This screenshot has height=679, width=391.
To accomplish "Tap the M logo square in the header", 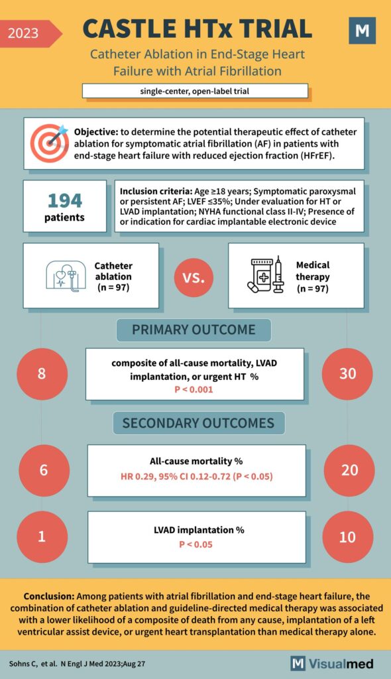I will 362,31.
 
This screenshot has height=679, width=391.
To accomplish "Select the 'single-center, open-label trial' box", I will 195,91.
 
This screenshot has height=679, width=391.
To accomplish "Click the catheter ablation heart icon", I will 64,275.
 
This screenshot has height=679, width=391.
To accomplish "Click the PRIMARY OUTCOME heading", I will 194,330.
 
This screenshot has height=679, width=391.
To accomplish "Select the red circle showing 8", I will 42,373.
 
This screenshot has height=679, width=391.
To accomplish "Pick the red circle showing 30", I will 347,373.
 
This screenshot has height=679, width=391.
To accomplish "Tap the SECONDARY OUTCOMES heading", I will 198,423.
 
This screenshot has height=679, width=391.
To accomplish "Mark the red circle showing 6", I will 44,470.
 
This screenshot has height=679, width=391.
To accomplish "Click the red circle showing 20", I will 349,470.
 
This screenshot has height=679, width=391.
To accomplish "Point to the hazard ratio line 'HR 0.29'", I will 197,477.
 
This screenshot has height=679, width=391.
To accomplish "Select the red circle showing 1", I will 42,536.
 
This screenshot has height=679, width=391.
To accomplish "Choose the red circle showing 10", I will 347,536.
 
